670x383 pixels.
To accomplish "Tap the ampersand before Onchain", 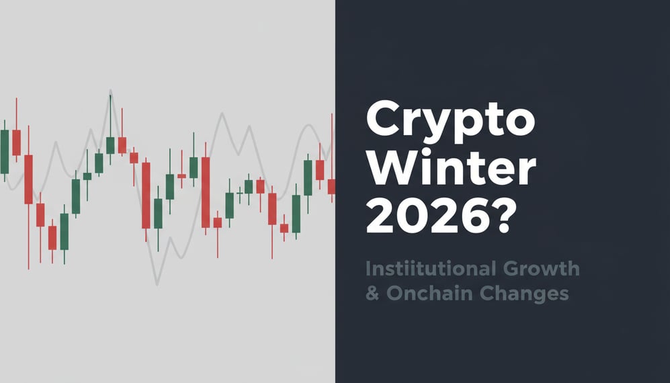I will pos(373,294).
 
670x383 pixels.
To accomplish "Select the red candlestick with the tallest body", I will pos(206,192).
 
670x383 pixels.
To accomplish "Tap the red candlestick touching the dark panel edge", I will pos(331,186).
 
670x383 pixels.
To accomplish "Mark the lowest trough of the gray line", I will pos(157,282).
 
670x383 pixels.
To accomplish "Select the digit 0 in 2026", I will pos(413,214).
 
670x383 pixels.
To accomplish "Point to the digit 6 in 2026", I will pos(478,214).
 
